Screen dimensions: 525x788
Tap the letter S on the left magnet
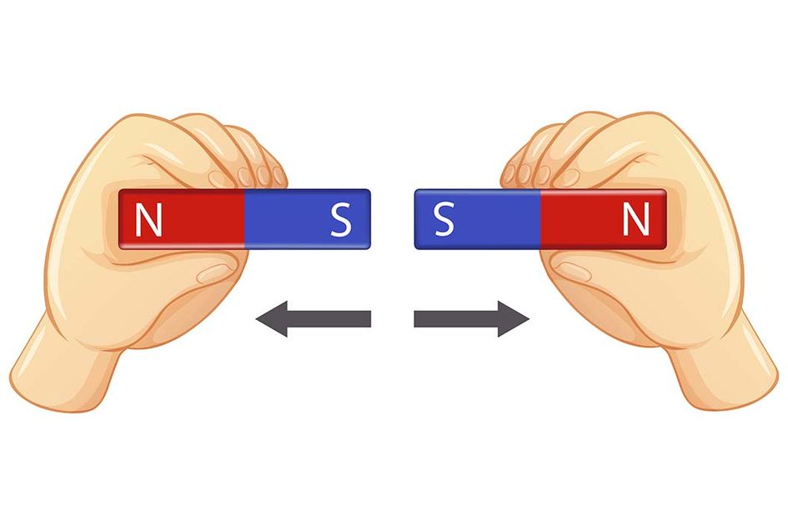point(340,220)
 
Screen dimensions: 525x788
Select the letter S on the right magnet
point(444,220)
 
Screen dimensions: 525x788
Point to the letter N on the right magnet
point(636,220)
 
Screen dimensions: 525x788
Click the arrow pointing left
point(313,319)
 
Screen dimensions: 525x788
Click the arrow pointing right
point(472,319)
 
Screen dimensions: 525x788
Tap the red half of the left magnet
point(181,219)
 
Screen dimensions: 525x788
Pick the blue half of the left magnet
point(307,219)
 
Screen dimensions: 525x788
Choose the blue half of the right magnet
point(478,219)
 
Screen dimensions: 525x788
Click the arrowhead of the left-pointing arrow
point(271,319)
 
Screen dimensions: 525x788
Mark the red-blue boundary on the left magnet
point(244,219)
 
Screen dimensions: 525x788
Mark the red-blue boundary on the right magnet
point(541,219)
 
